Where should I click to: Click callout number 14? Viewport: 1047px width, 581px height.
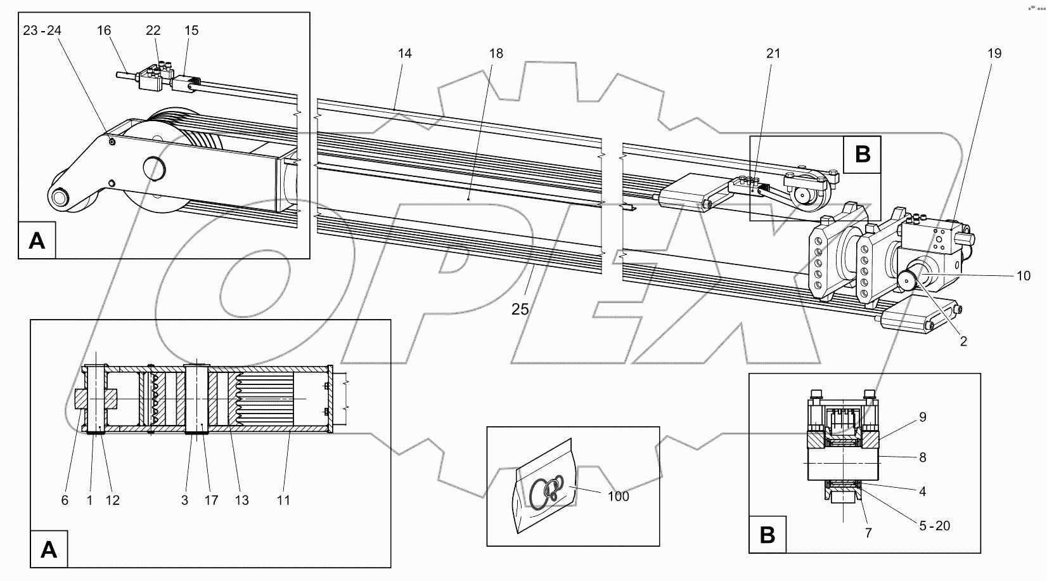click(405, 54)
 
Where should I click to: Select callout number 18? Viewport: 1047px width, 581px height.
click(496, 54)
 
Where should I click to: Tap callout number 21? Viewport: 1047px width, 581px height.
click(773, 54)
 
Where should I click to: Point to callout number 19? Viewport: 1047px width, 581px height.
click(994, 54)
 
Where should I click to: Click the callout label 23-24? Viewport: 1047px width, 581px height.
click(42, 30)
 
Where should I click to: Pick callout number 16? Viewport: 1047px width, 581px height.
click(105, 30)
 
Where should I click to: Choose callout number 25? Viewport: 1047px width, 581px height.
click(520, 310)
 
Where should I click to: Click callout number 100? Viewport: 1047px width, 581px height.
click(618, 496)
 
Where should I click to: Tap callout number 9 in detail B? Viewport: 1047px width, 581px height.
click(923, 417)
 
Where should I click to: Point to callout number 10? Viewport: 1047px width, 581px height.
click(1023, 276)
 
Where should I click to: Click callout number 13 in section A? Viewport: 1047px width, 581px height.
click(241, 500)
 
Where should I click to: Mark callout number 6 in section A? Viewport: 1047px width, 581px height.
click(65, 500)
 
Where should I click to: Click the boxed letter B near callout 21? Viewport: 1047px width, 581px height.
click(862, 155)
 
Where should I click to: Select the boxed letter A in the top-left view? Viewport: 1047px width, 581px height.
click(37, 240)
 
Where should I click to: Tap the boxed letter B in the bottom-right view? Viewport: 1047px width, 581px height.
click(768, 535)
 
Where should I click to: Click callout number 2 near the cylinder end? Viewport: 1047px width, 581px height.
click(963, 341)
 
